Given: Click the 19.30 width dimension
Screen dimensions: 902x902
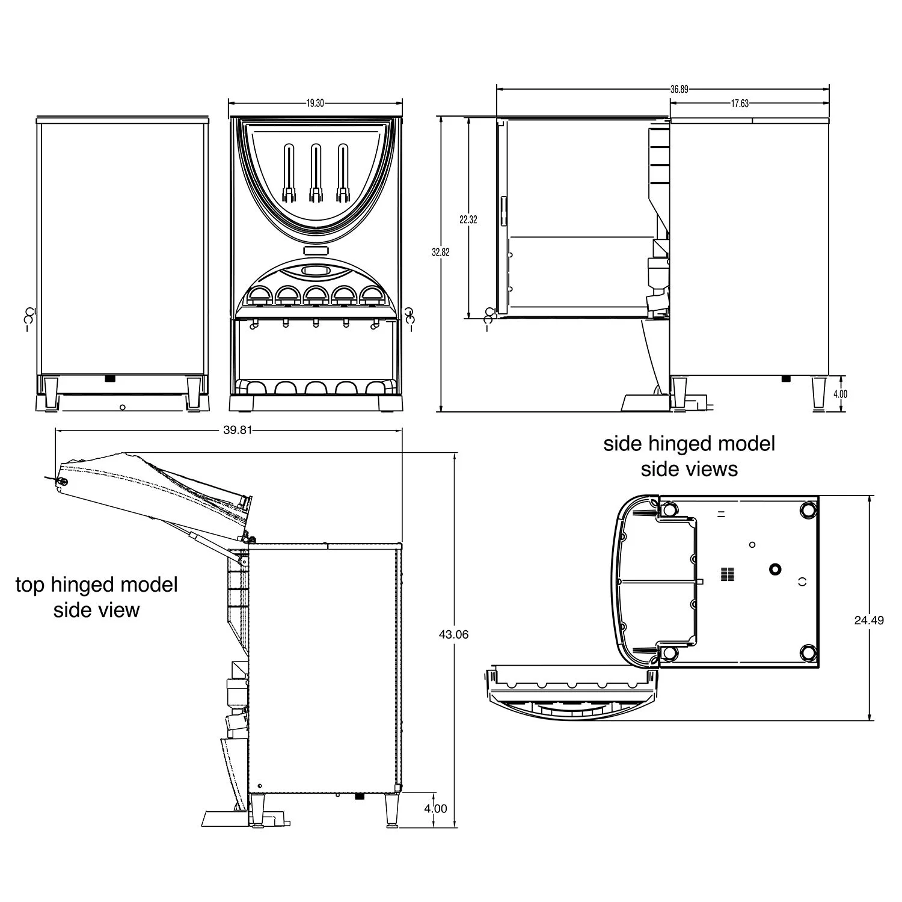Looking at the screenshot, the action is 315,103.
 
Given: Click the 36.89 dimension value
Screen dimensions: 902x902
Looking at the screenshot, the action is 680,90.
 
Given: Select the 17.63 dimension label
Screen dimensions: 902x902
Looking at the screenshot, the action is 740,103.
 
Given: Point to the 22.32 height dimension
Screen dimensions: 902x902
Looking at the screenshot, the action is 468,220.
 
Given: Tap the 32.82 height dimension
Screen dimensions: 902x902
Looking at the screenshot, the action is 441,253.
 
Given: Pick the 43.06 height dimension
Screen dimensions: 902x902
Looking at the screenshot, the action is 454,634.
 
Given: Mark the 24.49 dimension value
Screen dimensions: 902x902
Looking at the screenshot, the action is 869,621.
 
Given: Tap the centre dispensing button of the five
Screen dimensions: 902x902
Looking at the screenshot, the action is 315,294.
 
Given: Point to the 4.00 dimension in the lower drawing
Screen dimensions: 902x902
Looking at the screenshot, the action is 435,809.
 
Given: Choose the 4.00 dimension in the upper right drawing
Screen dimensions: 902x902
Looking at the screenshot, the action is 840,394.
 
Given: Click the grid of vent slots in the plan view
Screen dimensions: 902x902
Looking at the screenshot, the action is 727,574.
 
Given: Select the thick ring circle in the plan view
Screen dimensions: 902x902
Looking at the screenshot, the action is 775,568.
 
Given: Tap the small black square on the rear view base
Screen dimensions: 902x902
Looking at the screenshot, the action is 110,379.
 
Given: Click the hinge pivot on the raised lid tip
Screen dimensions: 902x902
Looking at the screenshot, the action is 61,480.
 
